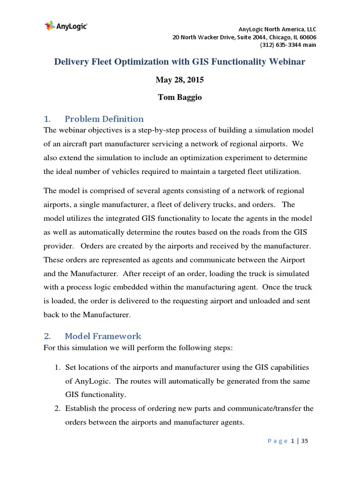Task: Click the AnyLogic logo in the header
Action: tap(66, 26)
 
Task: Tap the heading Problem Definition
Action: tap(104, 119)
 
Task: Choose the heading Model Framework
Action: tap(103, 336)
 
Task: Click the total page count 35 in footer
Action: tap(305, 441)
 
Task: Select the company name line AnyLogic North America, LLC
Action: tap(277, 29)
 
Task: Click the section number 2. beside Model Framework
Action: tap(47, 336)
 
